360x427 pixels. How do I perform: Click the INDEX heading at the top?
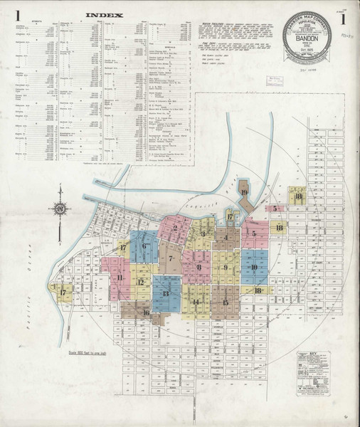[x=105, y=14]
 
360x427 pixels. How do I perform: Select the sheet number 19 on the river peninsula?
[x=244, y=193]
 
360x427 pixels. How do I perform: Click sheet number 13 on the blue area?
[x=166, y=292]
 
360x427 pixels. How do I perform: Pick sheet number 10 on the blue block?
[x=253, y=268]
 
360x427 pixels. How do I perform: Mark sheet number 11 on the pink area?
[x=121, y=278]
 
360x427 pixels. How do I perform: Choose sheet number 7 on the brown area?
[x=171, y=251]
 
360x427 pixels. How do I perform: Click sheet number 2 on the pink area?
[x=175, y=228]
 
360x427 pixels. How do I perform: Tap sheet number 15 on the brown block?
[x=226, y=302]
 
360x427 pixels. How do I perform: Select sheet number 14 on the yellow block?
[x=195, y=302]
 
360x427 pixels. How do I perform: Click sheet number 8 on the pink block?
[x=199, y=267]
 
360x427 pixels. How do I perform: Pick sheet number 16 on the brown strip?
[x=147, y=312]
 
